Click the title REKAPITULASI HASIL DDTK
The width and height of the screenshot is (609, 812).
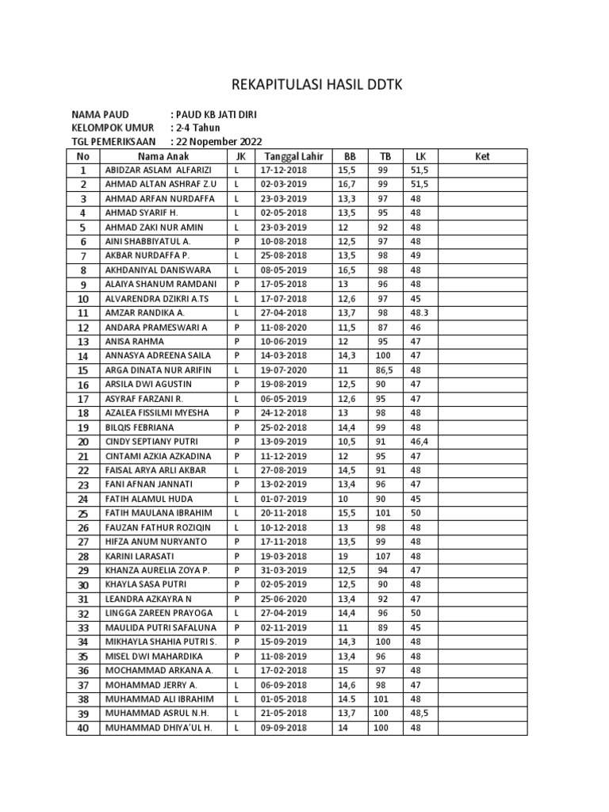(x=304, y=86)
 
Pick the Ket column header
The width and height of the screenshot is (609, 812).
(x=483, y=156)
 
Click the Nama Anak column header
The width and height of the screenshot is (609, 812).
(x=163, y=156)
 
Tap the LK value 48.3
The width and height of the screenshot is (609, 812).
(x=420, y=313)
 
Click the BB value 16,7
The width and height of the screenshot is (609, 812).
(x=346, y=185)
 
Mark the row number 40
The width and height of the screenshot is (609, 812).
(x=83, y=728)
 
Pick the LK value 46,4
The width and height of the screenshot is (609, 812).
(x=419, y=442)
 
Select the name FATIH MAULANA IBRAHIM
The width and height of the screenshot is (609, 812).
(x=158, y=513)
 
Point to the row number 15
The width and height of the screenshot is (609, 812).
(x=83, y=370)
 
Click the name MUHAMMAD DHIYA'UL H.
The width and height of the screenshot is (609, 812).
(x=158, y=728)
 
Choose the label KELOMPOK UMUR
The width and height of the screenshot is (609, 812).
(x=113, y=128)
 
